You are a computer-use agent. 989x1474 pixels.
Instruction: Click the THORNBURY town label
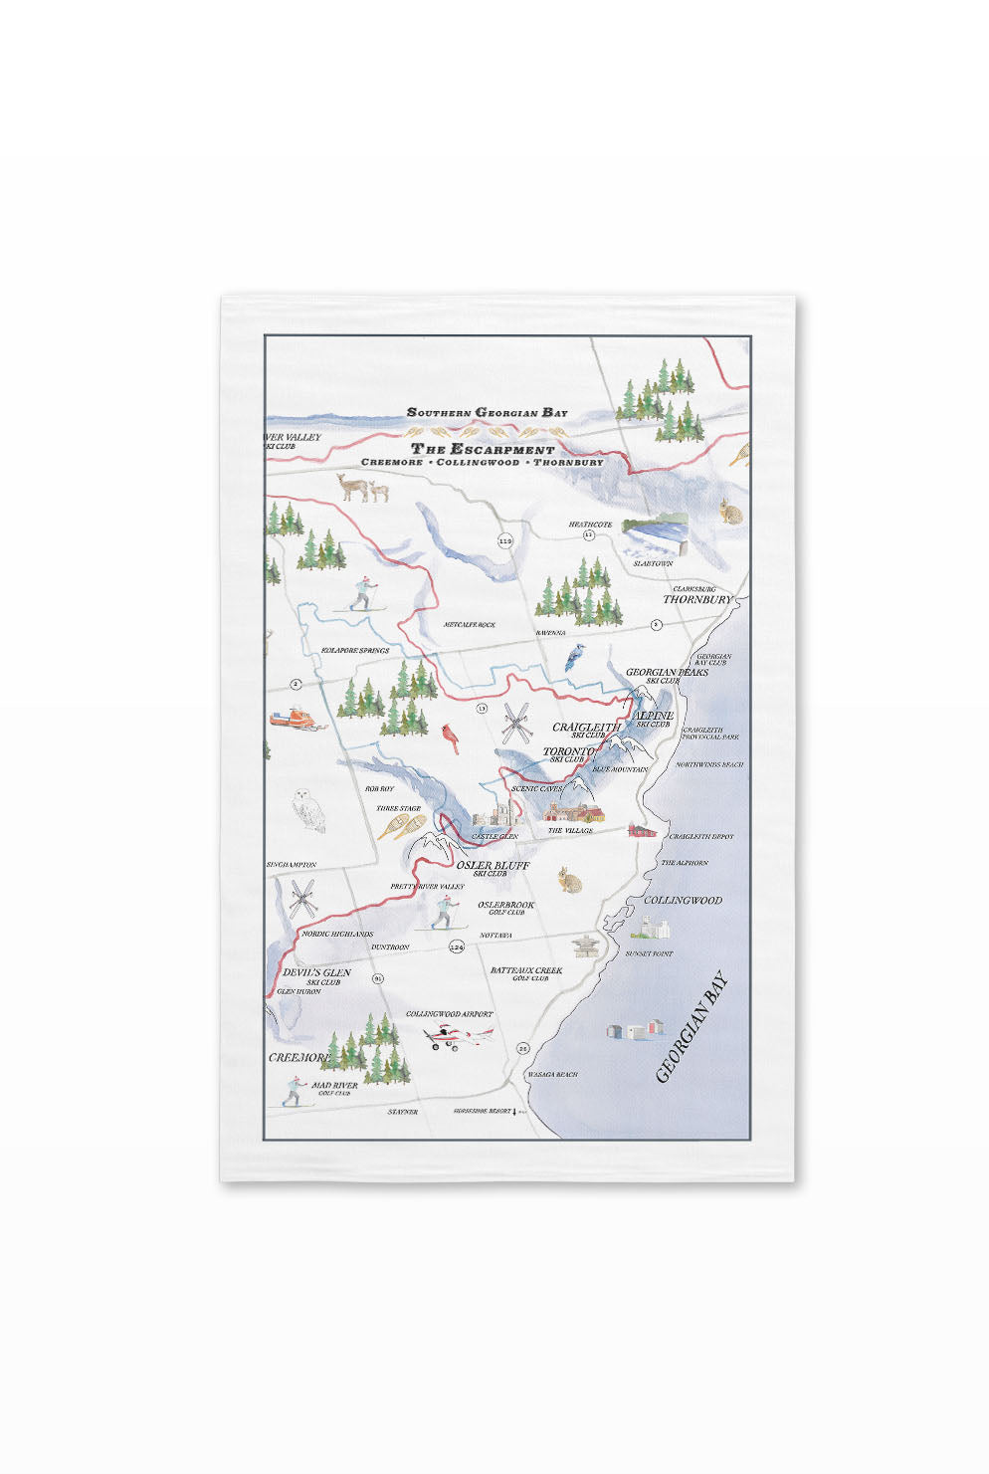696,600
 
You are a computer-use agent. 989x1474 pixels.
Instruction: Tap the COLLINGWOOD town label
683,900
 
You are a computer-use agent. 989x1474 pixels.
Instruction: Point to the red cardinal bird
451,737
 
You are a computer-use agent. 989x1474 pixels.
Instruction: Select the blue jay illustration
573,658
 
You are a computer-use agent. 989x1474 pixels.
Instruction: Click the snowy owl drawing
309,810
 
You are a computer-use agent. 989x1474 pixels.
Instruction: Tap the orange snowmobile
296,720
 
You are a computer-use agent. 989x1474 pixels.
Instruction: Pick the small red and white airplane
458,1037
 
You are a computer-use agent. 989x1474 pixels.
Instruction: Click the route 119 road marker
504,541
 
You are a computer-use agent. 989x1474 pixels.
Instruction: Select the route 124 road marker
457,947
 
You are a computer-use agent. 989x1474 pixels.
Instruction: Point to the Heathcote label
590,525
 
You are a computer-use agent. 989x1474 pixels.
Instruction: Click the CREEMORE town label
298,1057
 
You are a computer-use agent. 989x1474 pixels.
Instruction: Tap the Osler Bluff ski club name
492,866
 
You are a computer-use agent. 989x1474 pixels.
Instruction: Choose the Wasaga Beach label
552,1075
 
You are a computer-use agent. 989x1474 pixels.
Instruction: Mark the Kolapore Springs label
354,651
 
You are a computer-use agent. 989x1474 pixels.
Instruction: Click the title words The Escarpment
483,449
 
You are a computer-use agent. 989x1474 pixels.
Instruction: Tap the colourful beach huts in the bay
634,1029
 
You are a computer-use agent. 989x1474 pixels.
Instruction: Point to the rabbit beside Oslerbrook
568,879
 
